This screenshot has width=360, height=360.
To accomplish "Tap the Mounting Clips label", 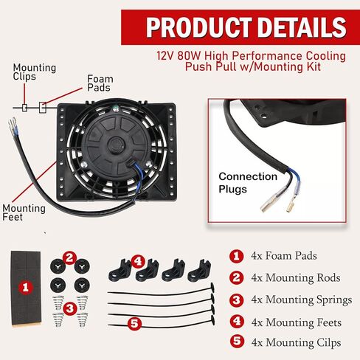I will [x=34, y=72].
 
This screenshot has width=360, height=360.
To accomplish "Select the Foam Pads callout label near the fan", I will [x=100, y=83].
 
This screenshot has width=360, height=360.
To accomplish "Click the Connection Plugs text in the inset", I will [x=248, y=181].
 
